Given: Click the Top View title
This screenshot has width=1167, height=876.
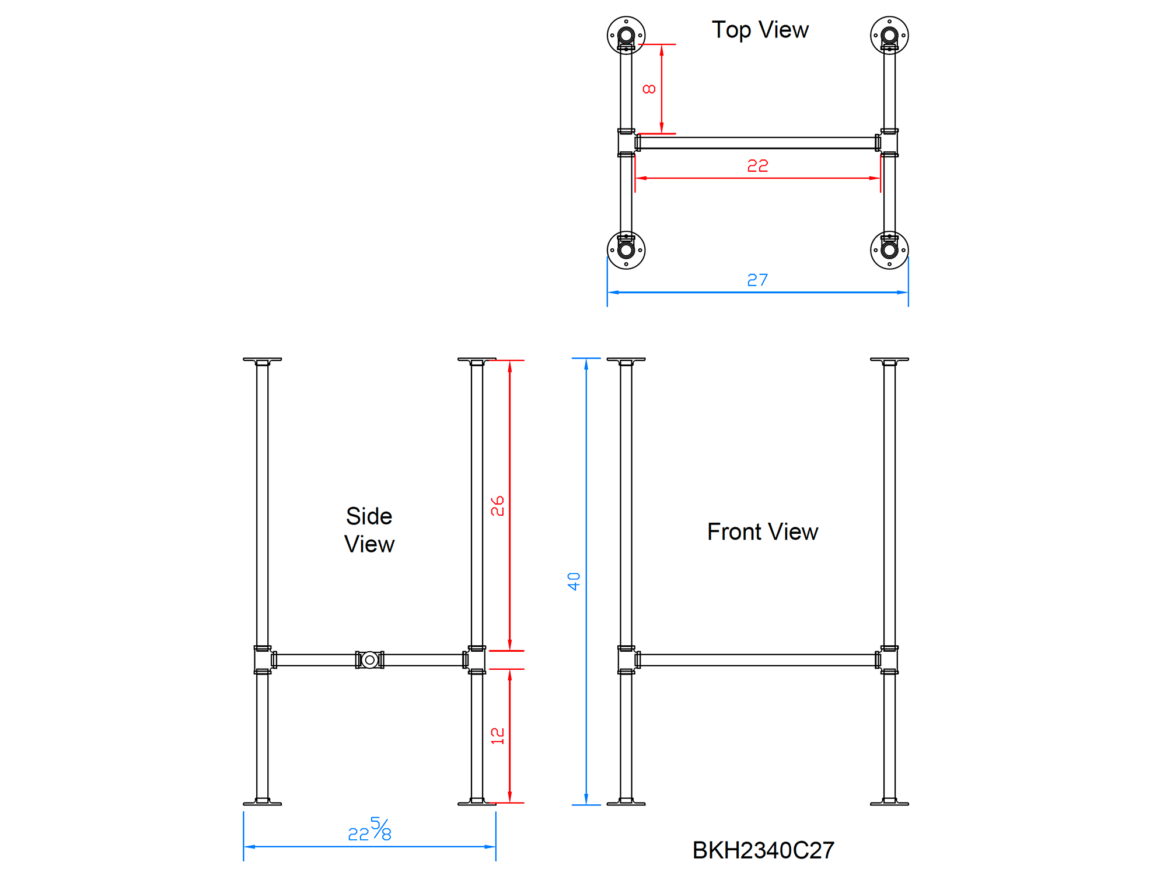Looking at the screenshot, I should pos(760,30).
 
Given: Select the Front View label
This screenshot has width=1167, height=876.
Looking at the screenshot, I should pos(762,532).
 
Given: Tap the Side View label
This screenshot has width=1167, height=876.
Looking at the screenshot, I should pos(369,530).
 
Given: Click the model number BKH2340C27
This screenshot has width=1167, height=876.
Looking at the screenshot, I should pos(763,850).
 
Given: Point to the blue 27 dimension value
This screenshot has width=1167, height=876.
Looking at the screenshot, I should pos(757,280).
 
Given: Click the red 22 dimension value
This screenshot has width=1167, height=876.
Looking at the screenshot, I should pos(757,166).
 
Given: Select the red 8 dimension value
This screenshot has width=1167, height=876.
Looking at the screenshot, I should pos(649,89).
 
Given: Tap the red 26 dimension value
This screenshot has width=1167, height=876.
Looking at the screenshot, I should pos(497,506).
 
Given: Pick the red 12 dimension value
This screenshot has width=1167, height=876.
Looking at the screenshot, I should pos(497,736).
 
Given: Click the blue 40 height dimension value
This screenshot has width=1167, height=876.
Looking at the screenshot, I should pos(574,581).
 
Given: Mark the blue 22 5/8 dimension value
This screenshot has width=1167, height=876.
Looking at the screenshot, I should pos(369,830).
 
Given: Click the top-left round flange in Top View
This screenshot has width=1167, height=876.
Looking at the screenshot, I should pos(626,35).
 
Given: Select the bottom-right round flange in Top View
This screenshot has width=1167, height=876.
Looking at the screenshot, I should pos(889,250).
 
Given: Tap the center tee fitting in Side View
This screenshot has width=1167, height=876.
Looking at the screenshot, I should pos(369,660).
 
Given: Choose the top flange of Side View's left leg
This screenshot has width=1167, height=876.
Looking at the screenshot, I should pos(262,360).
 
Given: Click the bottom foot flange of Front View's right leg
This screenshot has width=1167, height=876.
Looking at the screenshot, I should pos(889,802).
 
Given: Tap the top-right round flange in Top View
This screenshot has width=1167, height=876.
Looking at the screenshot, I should pos(889,35).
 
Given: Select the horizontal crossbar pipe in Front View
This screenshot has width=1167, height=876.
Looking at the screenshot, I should pos(757,660).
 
